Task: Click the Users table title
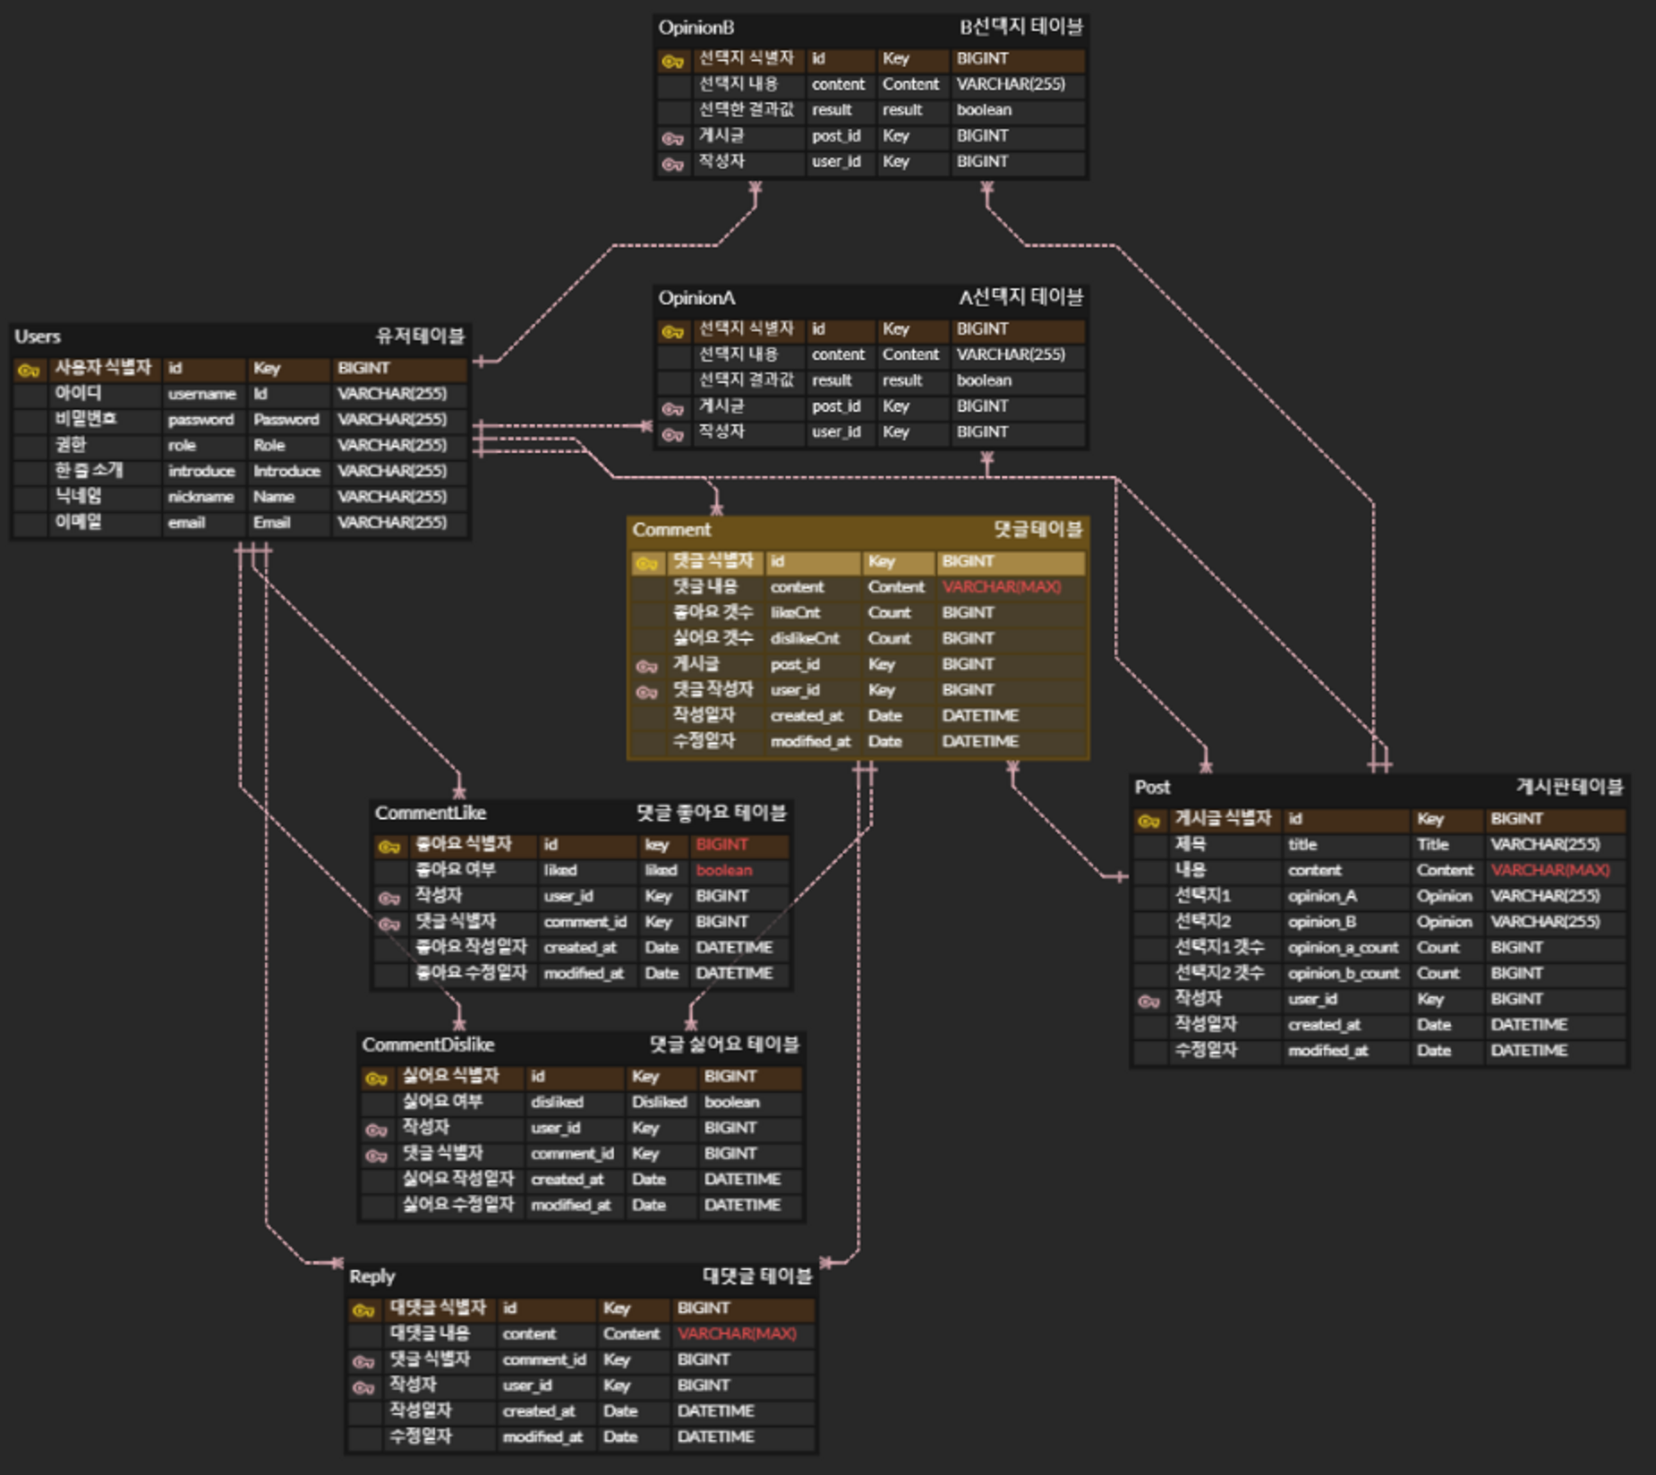coord(38,337)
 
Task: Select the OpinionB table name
coord(696,28)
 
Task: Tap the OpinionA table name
coord(696,298)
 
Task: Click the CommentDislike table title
coord(428,1044)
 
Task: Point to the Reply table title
coord(371,1276)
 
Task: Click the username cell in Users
coord(201,394)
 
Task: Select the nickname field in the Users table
coord(201,497)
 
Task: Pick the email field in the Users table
coord(186,523)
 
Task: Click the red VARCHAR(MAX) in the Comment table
coord(1001,587)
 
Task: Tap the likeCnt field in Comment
coord(795,613)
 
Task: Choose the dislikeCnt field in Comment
coord(805,638)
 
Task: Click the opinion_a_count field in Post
coord(1343,948)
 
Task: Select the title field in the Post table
coord(1302,845)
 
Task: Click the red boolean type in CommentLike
coord(723,870)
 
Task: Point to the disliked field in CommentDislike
coord(557,1103)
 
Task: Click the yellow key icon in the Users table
coord(29,370)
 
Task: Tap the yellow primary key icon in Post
coord(1149,821)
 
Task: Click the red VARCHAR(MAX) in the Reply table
coord(736,1334)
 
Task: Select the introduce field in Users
coord(201,472)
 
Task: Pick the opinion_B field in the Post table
coord(1322,922)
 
